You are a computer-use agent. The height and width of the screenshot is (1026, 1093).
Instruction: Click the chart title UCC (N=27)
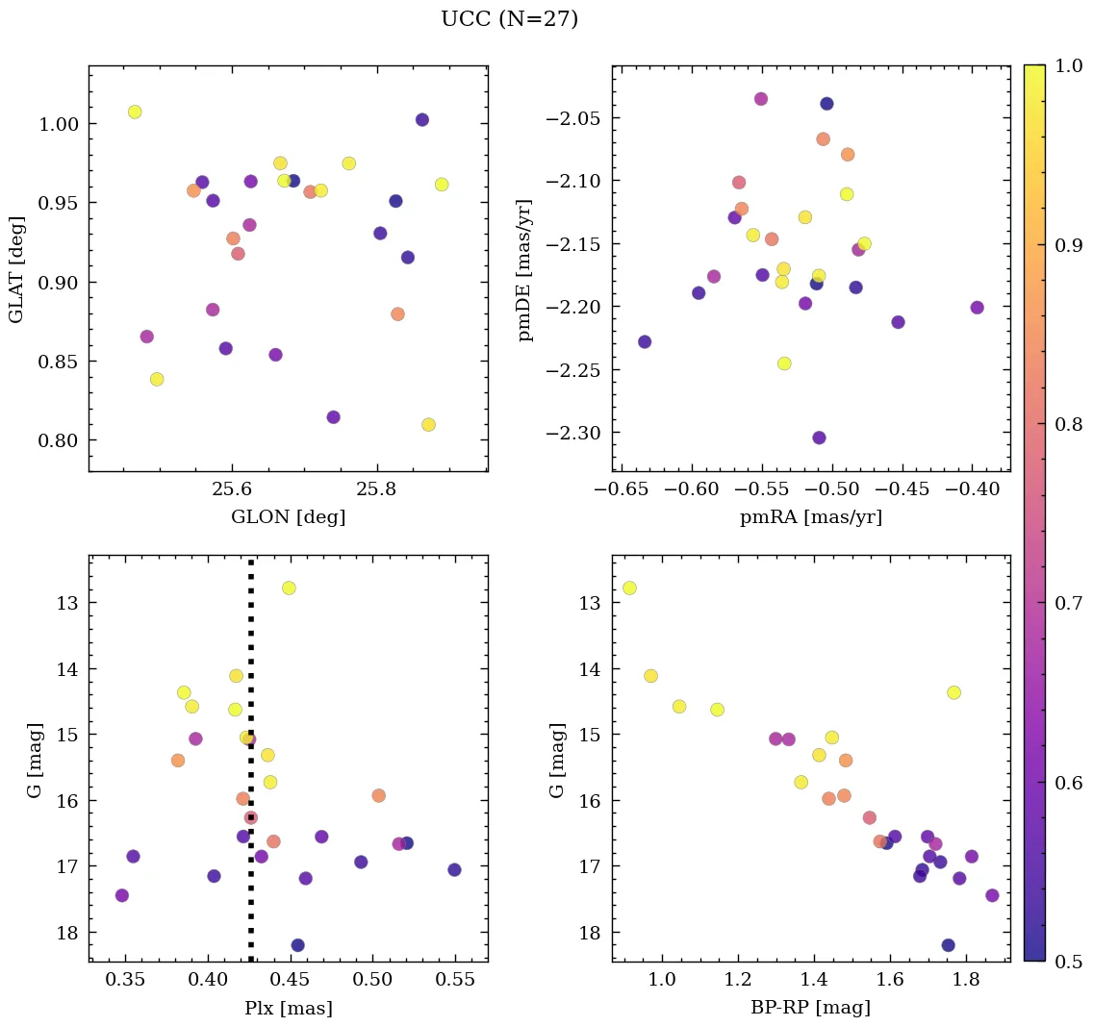(x=509, y=19)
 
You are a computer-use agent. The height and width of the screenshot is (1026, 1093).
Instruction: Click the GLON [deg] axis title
(x=288, y=517)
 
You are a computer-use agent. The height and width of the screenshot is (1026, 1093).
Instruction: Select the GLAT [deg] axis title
(x=16, y=268)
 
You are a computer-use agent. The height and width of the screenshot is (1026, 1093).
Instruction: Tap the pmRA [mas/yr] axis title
(x=810, y=517)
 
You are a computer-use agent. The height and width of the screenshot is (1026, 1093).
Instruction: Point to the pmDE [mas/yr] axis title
(x=524, y=268)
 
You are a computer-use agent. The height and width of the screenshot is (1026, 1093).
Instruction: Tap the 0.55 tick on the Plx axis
(x=455, y=980)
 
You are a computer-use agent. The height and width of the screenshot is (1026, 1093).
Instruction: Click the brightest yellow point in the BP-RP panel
(x=629, y=588)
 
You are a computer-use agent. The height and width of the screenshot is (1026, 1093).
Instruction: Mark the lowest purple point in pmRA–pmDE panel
(x=819, y=438)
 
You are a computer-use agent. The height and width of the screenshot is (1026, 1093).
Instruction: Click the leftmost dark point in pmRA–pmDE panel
(x=645, y=341)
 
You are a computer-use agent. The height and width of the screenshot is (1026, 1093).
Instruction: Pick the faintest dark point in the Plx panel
(x=297, y=945)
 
